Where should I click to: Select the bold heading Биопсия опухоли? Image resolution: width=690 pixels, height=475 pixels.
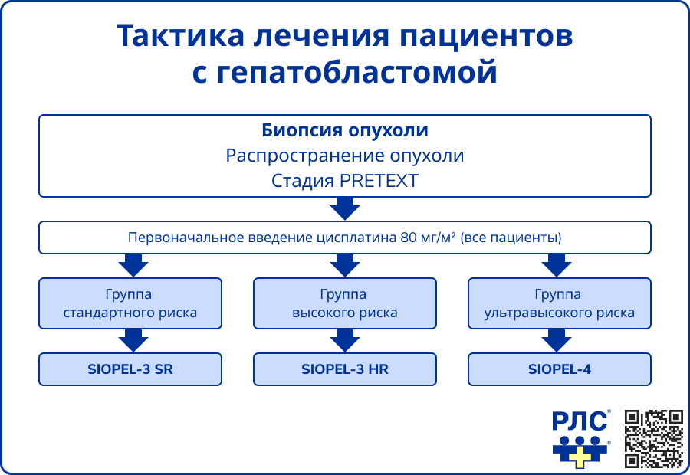345,130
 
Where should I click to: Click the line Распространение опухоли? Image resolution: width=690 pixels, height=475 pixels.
345,156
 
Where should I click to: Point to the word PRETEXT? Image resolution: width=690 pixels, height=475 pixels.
381,181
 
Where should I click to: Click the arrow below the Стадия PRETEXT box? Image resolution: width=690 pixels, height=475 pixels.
345,208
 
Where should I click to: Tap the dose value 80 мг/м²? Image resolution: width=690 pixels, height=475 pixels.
428,237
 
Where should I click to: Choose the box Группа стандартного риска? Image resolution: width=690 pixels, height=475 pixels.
130,303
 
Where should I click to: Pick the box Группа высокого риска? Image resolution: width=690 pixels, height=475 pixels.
345,303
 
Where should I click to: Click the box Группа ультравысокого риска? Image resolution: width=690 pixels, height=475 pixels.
560,303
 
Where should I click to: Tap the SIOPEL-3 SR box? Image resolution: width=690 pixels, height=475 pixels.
130,369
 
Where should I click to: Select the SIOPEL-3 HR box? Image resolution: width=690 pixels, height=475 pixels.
345,369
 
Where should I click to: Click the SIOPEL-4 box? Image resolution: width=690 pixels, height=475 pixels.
560,369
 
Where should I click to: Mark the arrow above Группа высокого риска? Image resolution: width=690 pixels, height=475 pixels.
345,265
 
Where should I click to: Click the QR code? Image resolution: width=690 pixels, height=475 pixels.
653,439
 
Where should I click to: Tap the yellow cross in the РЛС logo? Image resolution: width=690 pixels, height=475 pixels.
582,457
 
